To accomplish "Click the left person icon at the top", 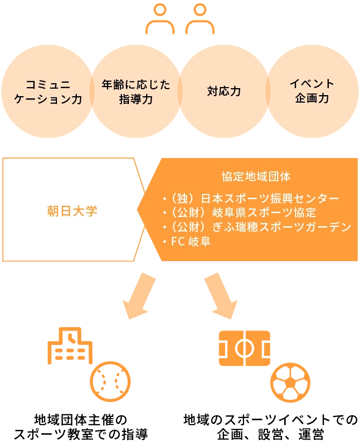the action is pyautogui.click(x=160, y=18).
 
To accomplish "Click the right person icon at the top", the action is pyautogui.click(x=200, y=18).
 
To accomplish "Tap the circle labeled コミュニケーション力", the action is pyautogui.click(x=48, y=91).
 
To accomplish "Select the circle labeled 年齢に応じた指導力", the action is pyautogui.click(x=136, y=91).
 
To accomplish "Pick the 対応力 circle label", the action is pyautogui.click(x=224, y=91).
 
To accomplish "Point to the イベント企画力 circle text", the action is pyautogui.click(x=312, y=91).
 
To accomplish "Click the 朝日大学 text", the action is pyautogui.click(x=72, y=211).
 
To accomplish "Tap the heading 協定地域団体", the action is pyautogui.click(x=256, y=177).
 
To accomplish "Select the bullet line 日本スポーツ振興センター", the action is pyautogui.click(x=251, y=198).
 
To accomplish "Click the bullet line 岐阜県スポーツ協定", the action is pyautogui.click(x=240, y=213).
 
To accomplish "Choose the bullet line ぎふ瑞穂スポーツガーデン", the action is pyautogui.click(x=257, y=227).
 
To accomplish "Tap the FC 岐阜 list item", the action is pyautogui.click(x=187, y=241).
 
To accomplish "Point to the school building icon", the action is pyautogui.click(x=70, y=346).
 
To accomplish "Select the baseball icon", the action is pyautogui.click(x=110, y=382).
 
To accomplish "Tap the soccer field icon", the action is pyautogui.click(x=244, y=348).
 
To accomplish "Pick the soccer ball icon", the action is pyautogui.click(x=290, y=383).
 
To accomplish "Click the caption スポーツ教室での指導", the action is pyautogui.click(x=81, y=434).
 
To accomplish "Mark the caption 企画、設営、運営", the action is pyautogui.click(x=270, y=434).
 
